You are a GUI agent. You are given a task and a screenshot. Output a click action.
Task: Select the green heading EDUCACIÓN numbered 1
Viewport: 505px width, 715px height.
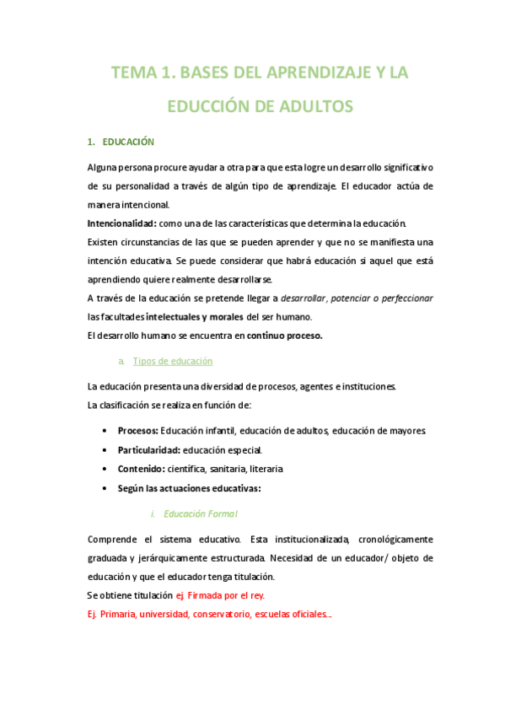[129, 141]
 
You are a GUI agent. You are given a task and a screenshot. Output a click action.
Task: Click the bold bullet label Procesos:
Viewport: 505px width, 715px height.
[137, 431]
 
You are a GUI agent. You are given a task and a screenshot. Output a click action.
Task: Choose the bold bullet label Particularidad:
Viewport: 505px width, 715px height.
[148, 449]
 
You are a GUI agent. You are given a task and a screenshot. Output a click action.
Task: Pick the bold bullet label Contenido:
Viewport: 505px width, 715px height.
[140, 468]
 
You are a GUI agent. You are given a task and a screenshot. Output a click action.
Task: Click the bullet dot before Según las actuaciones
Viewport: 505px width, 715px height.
[104, 488]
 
